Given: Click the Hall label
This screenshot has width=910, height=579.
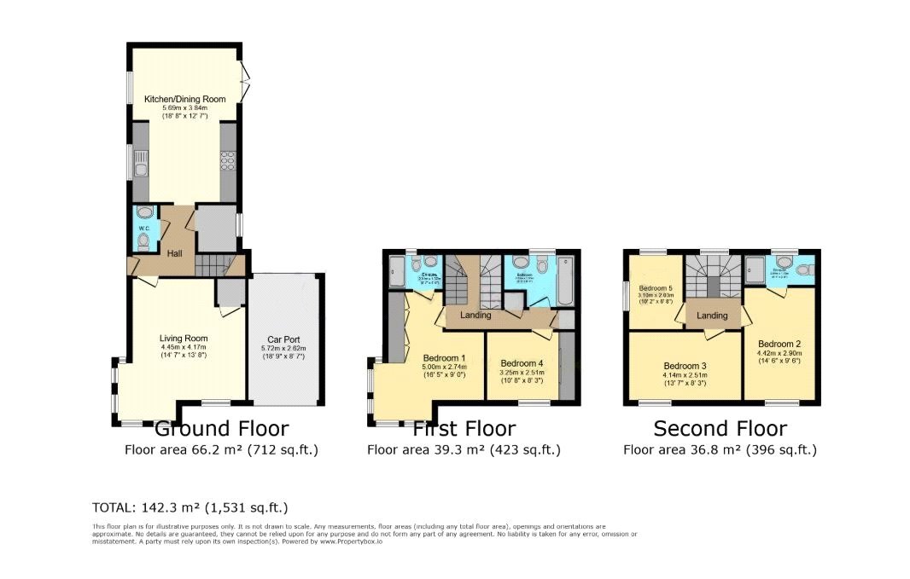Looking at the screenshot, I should click(x=175, y=253).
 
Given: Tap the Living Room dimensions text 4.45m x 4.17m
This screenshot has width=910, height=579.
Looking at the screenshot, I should click(x=184, y=347).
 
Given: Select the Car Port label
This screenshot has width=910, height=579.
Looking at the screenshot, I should click(x=282, y=339).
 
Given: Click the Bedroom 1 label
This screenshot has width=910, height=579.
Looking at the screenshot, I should click(x=444, y=357).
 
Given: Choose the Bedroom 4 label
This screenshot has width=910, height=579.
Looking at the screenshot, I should click(x=522, y=362).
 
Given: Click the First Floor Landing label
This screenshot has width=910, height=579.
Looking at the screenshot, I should click(x=475, y=316).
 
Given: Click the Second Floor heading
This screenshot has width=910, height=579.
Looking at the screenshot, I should click(x=720, y=428).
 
